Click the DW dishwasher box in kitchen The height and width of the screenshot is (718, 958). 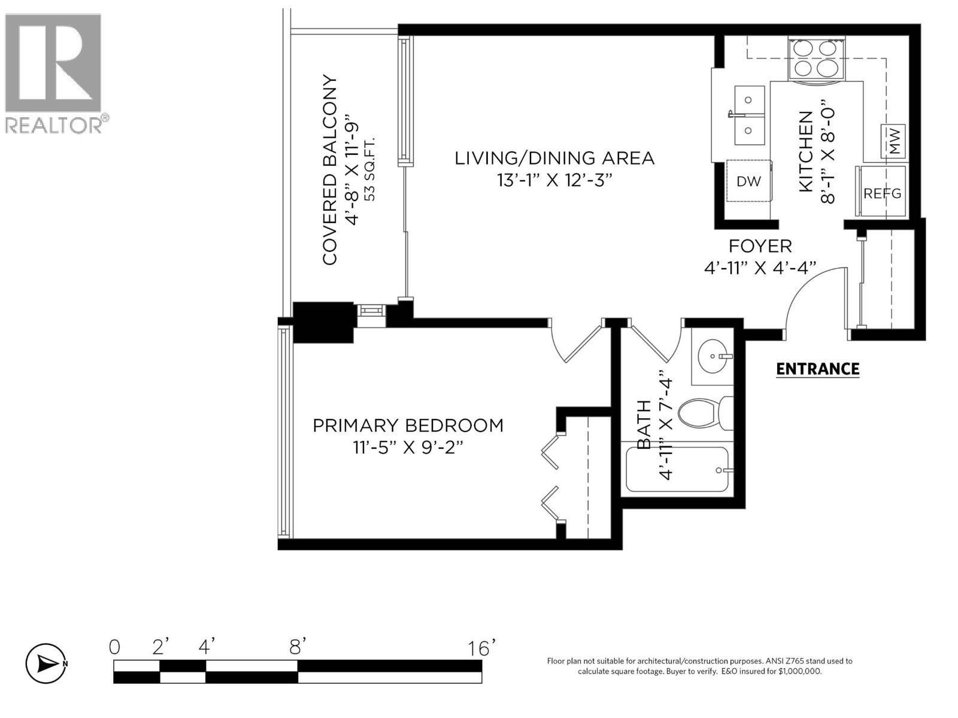coord(748,181)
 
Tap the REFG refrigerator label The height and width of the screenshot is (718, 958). coord(882,194)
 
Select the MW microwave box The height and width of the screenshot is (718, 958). coord(893,142)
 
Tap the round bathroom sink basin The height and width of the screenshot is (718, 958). coord(713,357)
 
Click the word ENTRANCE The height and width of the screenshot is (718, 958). coord(817,369)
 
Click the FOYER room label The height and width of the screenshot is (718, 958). coord(760,246)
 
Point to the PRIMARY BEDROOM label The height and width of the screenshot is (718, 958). coord(408,425)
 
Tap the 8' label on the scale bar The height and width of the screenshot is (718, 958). coord(298,647)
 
